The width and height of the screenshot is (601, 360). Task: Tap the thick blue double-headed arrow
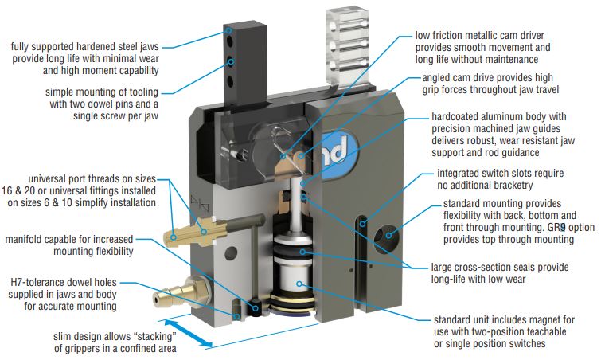189,334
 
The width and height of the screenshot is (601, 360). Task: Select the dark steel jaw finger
245,63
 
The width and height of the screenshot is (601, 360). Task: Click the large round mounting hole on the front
386,238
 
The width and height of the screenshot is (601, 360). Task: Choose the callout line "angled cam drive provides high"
487,78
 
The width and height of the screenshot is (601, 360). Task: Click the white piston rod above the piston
295,205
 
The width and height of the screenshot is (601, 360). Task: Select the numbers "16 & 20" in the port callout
17,191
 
